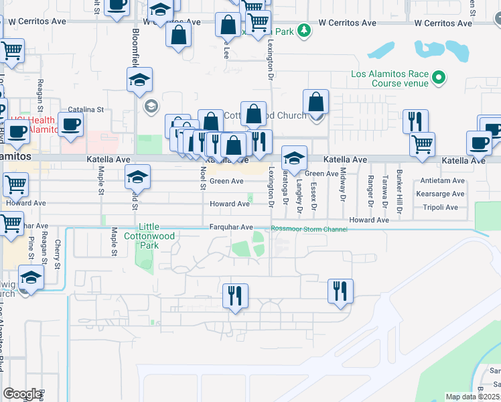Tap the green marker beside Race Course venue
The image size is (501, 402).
click(x=439, y=78)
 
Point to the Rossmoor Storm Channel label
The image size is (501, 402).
click(x=309, y=230)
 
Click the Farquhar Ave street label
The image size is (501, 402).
click(x=230, y=227)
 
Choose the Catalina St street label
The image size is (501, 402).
click(x=86, y=109)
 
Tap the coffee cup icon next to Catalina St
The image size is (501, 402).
click(x=71, y=125)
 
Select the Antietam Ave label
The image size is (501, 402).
click(x=443, y=181)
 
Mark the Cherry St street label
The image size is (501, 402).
click(x=58, y=255)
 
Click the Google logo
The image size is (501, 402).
click(x=22, y=394)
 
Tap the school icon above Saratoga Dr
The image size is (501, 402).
click(x=294, y=158)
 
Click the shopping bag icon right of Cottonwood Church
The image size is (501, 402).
click(x=315, y=103)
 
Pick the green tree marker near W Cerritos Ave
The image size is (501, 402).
click(x=304, y=31)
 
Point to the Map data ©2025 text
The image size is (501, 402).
click(x=472, y=397)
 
